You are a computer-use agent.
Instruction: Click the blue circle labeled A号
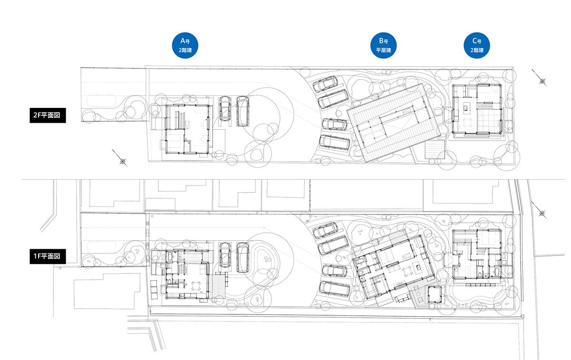pyautogui.click(x=185, y=45)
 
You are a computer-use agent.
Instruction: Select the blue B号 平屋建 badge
pyautogui.click(x=383, y=45)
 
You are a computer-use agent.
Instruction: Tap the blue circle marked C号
pyautogui.click(x=477, y=45)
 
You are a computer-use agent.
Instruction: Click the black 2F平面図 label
pyautogui.click(x=48, y=116)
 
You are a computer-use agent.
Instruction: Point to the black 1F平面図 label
pyautogui.click(x=48, y=256)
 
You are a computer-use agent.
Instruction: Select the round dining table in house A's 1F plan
pyautogui.click(x=196, y=286)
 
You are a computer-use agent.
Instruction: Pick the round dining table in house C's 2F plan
pyautogui.click(x=467, y=123)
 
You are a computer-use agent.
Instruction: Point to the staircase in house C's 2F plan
pyautogui.click(x=484, y=106)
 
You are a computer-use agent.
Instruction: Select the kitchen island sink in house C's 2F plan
pyautogui.click(x=466, y=108)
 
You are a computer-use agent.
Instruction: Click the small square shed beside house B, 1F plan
pyautogui.click(x=434, y=294)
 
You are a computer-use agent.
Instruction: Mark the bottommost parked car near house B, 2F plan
pyautogui.click(x=335, y=143)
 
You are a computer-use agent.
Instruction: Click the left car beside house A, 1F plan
pyautogui.click(x=225, y=255)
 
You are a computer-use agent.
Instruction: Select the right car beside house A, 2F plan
pyautogui.click(x=242, y=111)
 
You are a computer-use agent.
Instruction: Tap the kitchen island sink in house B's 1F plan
pyautogui.click(x=418, y=267)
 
